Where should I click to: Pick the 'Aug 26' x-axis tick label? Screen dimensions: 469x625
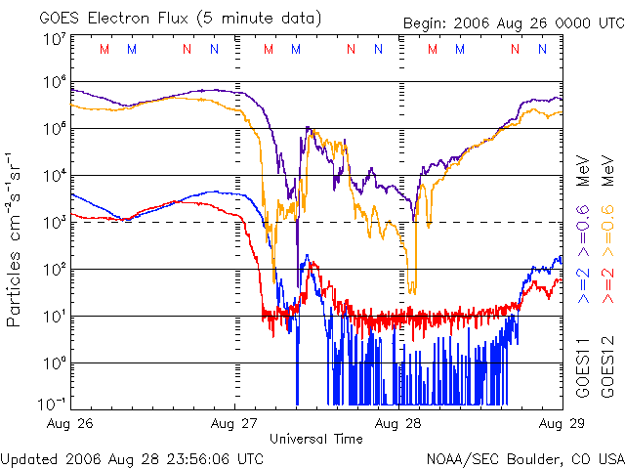69,425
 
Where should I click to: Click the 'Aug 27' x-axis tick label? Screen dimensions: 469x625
234,425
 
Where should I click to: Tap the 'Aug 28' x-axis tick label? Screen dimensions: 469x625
398,425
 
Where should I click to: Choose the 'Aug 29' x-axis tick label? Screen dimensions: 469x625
561,425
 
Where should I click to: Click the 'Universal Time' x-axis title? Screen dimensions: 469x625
315,439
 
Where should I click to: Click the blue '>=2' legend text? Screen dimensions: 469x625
583,283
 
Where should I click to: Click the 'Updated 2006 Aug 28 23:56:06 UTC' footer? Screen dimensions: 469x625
132,457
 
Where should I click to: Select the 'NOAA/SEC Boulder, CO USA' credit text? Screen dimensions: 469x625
525,457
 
